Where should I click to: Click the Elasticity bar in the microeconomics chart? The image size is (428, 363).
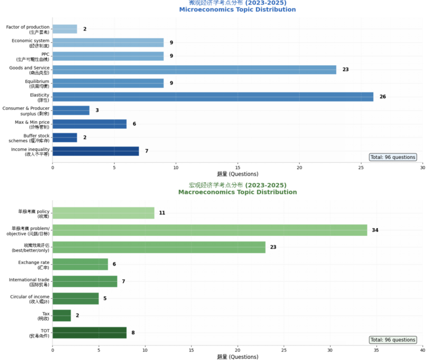(212, 97)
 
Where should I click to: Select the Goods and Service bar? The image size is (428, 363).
(194, 70)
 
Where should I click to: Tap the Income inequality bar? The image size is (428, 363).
(95, 151)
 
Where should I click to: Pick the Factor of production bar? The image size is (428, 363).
(64, 29)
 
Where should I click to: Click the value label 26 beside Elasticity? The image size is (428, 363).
(383, 97)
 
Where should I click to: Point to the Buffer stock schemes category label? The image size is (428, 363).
(29, 138)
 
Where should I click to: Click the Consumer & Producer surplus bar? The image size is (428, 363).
(71, 110)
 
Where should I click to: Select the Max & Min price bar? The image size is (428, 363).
(89, 124)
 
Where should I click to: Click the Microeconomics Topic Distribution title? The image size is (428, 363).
(237, 10)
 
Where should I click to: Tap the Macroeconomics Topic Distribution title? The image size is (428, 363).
(237, 192)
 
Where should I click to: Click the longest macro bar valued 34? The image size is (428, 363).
(209, 230)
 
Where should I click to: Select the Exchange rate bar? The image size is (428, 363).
(80, 264)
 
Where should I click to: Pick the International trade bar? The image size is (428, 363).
(85, 282)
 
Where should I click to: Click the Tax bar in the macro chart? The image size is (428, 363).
(61, 315)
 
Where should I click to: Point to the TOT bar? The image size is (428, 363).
(89, 333)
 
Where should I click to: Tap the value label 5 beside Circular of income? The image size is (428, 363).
(105, 299)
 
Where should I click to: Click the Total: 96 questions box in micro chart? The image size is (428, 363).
(392, 157)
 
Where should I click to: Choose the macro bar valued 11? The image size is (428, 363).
(103, 213)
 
